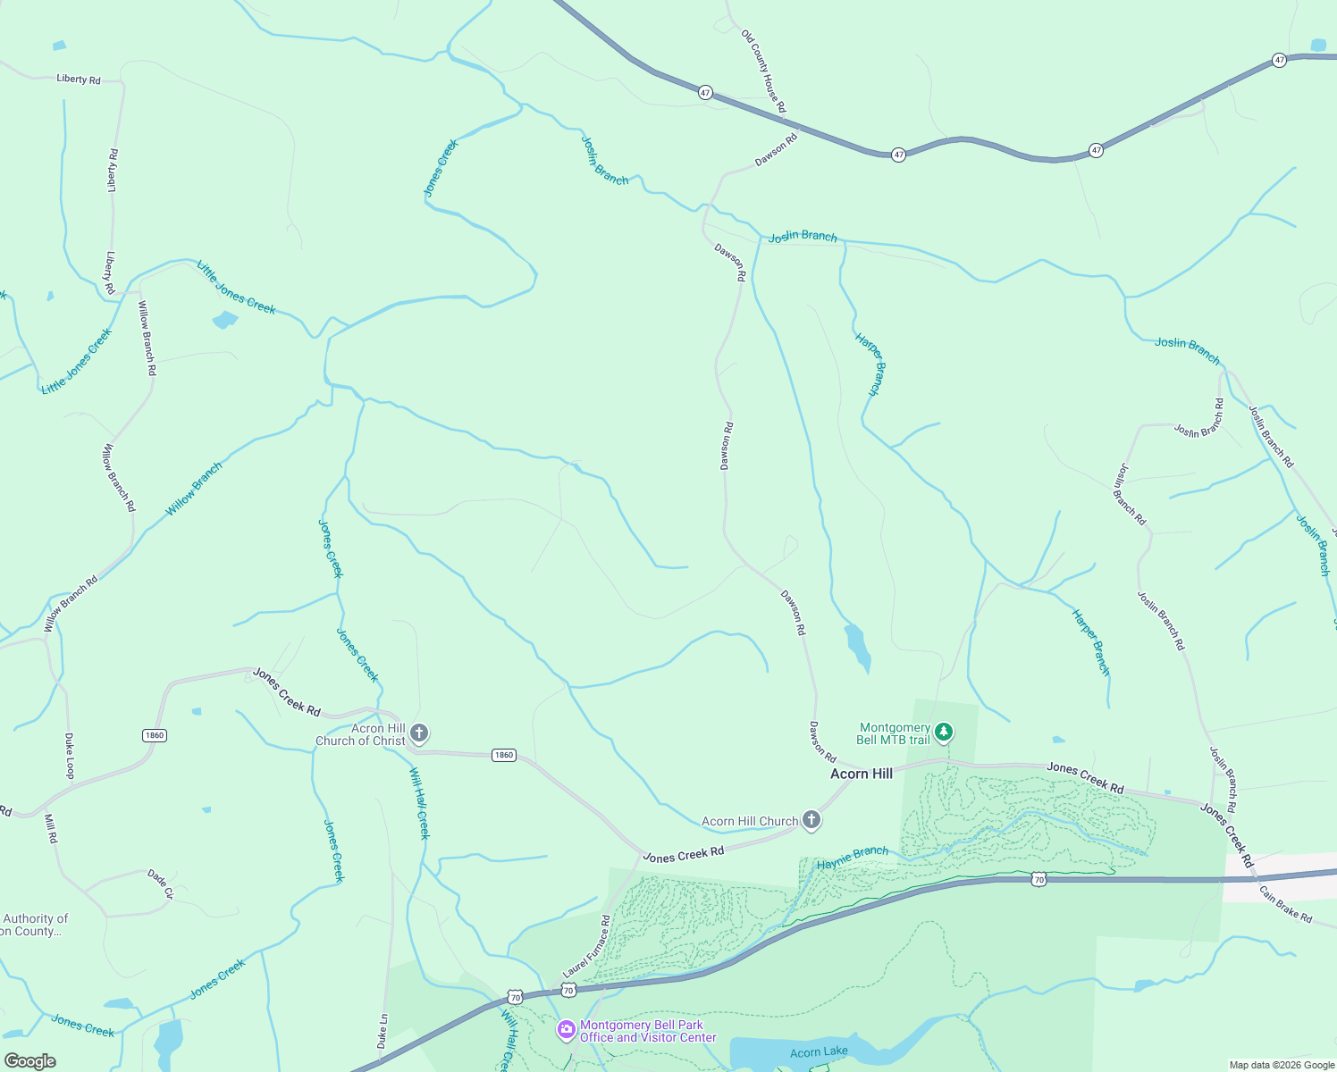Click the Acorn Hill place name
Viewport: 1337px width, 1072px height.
point(861,774)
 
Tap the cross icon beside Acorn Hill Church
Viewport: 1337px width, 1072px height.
point(811,820)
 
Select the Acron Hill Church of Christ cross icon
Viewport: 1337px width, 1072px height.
point(418,733)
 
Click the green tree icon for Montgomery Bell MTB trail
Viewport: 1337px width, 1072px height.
point(943,733)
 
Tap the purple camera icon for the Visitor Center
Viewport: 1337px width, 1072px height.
point(566,1030)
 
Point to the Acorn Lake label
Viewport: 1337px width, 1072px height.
point(819,1051)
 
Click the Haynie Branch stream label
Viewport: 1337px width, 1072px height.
point(853,858)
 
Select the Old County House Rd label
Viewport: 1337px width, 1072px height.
point(763,71)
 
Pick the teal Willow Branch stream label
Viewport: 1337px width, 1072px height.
point(194,489)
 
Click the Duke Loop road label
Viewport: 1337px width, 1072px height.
point(70,756)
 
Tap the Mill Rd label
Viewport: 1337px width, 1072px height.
point(51,828)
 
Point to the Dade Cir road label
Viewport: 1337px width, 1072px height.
point(160,884)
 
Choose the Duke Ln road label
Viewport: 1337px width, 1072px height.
point(383,1030)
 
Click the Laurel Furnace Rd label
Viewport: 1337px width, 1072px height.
point(586,946)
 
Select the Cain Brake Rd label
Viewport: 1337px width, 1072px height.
point(1285,903)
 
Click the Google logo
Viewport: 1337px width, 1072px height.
point(30,1060)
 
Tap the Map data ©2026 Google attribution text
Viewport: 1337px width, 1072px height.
point(1282,1065)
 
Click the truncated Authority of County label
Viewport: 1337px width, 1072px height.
point(34,925)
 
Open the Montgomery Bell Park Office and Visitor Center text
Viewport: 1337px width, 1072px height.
point(648,1031)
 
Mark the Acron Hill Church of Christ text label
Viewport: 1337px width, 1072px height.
point(360,734)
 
